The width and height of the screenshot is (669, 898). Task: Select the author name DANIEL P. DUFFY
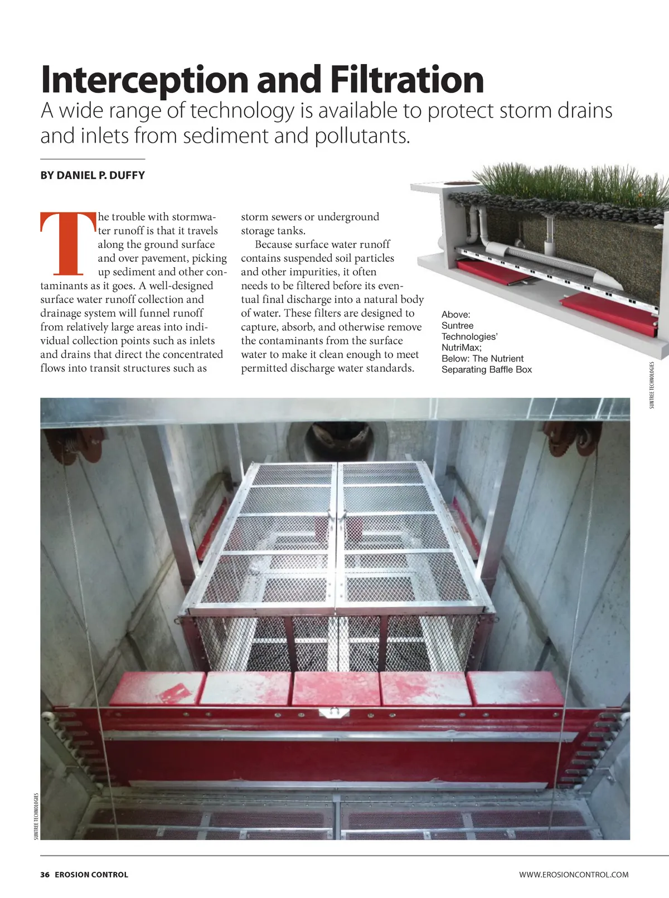(x=93, y=175)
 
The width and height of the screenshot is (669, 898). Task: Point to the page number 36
(x=45, y=875)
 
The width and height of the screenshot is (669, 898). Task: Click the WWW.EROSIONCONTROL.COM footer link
(x=574, y=875)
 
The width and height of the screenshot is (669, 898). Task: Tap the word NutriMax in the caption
(x=460, y=348)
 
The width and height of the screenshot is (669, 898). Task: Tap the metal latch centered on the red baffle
(x=333, y=712)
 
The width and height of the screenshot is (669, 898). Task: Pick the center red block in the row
(x=336, y=689)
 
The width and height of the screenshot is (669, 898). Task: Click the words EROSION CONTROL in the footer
(x=91, y=875)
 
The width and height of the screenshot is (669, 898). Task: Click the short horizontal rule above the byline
(x=93, y=159)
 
